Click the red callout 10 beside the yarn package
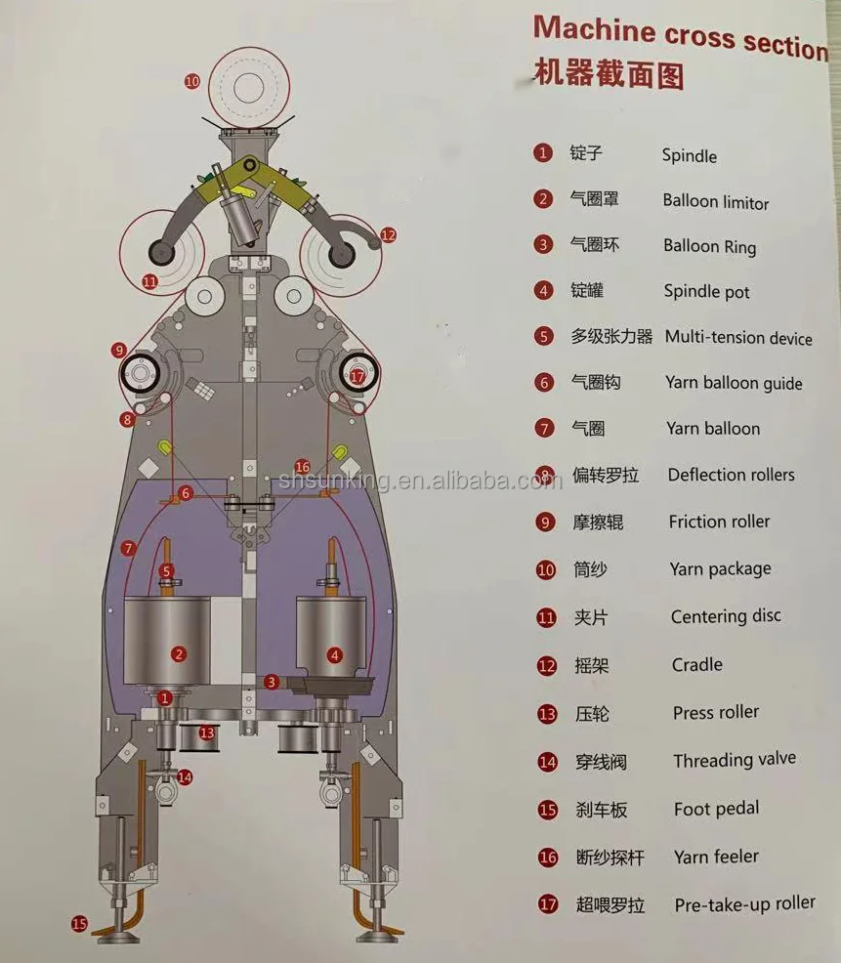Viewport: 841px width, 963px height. click(192, 82)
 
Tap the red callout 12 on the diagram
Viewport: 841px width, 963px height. click(388, 234)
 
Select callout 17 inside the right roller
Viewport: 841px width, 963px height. click(357, 375)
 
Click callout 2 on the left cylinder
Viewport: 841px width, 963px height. click(178, 653)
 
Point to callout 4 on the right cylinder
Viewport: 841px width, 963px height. click(335, 655)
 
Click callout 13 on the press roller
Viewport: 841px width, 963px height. click(206, 733)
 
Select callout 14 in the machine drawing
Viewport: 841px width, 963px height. click(185, 777)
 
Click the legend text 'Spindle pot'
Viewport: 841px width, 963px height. click(706, 291)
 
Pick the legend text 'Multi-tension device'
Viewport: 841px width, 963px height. click(738, 338)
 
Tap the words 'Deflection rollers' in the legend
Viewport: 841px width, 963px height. click(731, 475)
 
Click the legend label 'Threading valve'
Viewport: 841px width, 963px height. click(734, 760)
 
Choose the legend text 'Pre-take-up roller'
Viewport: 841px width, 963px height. click(744, 904)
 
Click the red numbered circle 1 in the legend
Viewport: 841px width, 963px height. click(543, 152)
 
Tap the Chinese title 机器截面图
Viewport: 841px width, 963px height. click(609, 75)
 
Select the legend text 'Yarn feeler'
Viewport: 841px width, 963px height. click(716, 857)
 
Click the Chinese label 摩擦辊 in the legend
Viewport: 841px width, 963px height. click(597, 523)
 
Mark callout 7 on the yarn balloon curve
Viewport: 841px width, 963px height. click(128, 549)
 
